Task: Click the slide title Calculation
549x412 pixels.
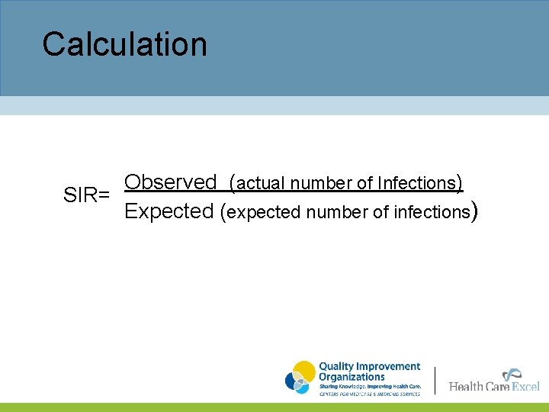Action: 124,45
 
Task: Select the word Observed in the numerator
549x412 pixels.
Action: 171,182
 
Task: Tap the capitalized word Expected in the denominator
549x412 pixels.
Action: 169,211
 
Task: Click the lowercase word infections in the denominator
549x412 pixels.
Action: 431,213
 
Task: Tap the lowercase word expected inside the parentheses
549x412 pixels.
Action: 265,213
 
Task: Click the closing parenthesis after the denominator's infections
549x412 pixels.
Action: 475,211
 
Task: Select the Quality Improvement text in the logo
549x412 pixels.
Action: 369,367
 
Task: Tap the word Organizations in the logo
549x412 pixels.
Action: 352,377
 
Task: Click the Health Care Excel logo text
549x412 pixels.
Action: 494,387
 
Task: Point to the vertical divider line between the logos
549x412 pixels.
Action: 435,380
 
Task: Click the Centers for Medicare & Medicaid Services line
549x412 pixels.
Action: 369,394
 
